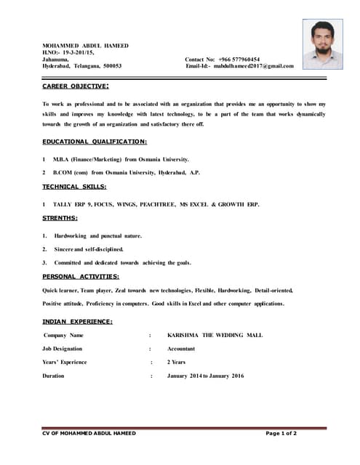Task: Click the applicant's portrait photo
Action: coord(322,44)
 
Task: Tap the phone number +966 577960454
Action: coord(237,60)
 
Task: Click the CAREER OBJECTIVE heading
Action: coord(76,86)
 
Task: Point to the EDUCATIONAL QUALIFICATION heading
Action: coord(95,141)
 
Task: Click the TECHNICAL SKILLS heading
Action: coord(74,187)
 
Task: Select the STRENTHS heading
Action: coord(60,218)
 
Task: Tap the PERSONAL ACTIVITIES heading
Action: coord(81,276)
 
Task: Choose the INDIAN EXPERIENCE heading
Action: coord(77,321)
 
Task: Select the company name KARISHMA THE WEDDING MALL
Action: coord(215,335)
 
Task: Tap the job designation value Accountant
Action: coord(181,349)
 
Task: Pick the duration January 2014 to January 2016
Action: coord(205,376)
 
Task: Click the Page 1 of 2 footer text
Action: coord(281,433)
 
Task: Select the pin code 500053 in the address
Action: coord(113,66)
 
